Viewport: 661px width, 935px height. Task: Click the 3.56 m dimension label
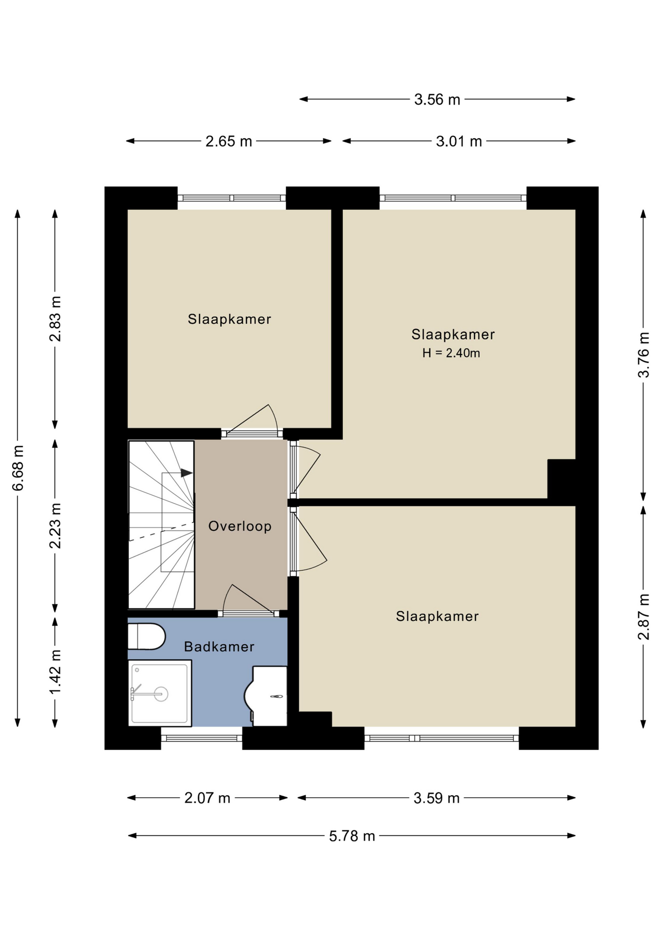437,99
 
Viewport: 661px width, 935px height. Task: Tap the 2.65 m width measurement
228,141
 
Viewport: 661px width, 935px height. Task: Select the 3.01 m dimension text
459,141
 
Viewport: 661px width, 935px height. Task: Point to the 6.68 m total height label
18,467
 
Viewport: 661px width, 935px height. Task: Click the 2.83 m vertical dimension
55,318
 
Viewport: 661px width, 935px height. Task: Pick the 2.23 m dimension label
55,525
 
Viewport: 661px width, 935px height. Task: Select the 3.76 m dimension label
643,355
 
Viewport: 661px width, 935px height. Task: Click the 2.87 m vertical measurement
643,617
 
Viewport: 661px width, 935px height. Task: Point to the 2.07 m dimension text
207,798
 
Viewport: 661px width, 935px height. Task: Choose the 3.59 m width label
436,798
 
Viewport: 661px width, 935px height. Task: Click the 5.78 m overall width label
352,836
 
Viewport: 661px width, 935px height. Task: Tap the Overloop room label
240,526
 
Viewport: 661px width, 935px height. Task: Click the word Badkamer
219,647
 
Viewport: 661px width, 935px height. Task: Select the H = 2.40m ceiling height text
451,353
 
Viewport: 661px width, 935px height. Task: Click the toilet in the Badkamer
146,636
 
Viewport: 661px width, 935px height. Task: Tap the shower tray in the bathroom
160,693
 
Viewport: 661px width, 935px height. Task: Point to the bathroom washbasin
269,696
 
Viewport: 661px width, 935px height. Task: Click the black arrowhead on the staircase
187,473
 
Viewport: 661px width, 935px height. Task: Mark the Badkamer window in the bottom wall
202,738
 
